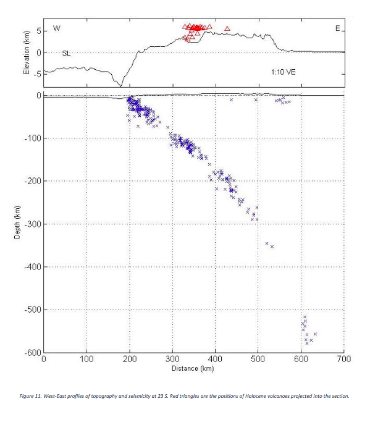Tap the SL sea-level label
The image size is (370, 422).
(66, 54)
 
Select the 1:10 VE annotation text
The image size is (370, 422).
(283, 72)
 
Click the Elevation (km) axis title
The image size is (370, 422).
(26, 54)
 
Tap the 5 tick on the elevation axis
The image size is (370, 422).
(38, 31)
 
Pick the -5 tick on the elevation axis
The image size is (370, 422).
(36, 74)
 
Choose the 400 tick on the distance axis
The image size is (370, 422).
(215, 359)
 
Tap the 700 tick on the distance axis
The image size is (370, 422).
(343, 359)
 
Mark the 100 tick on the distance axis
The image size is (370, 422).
(86, 359)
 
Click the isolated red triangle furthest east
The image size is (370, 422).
(227, 28)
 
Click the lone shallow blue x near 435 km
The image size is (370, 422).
(231, 99)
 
